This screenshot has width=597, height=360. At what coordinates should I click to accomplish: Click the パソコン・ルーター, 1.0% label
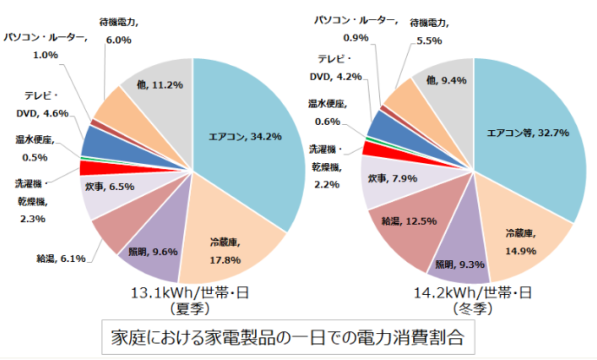click(45, 46)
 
